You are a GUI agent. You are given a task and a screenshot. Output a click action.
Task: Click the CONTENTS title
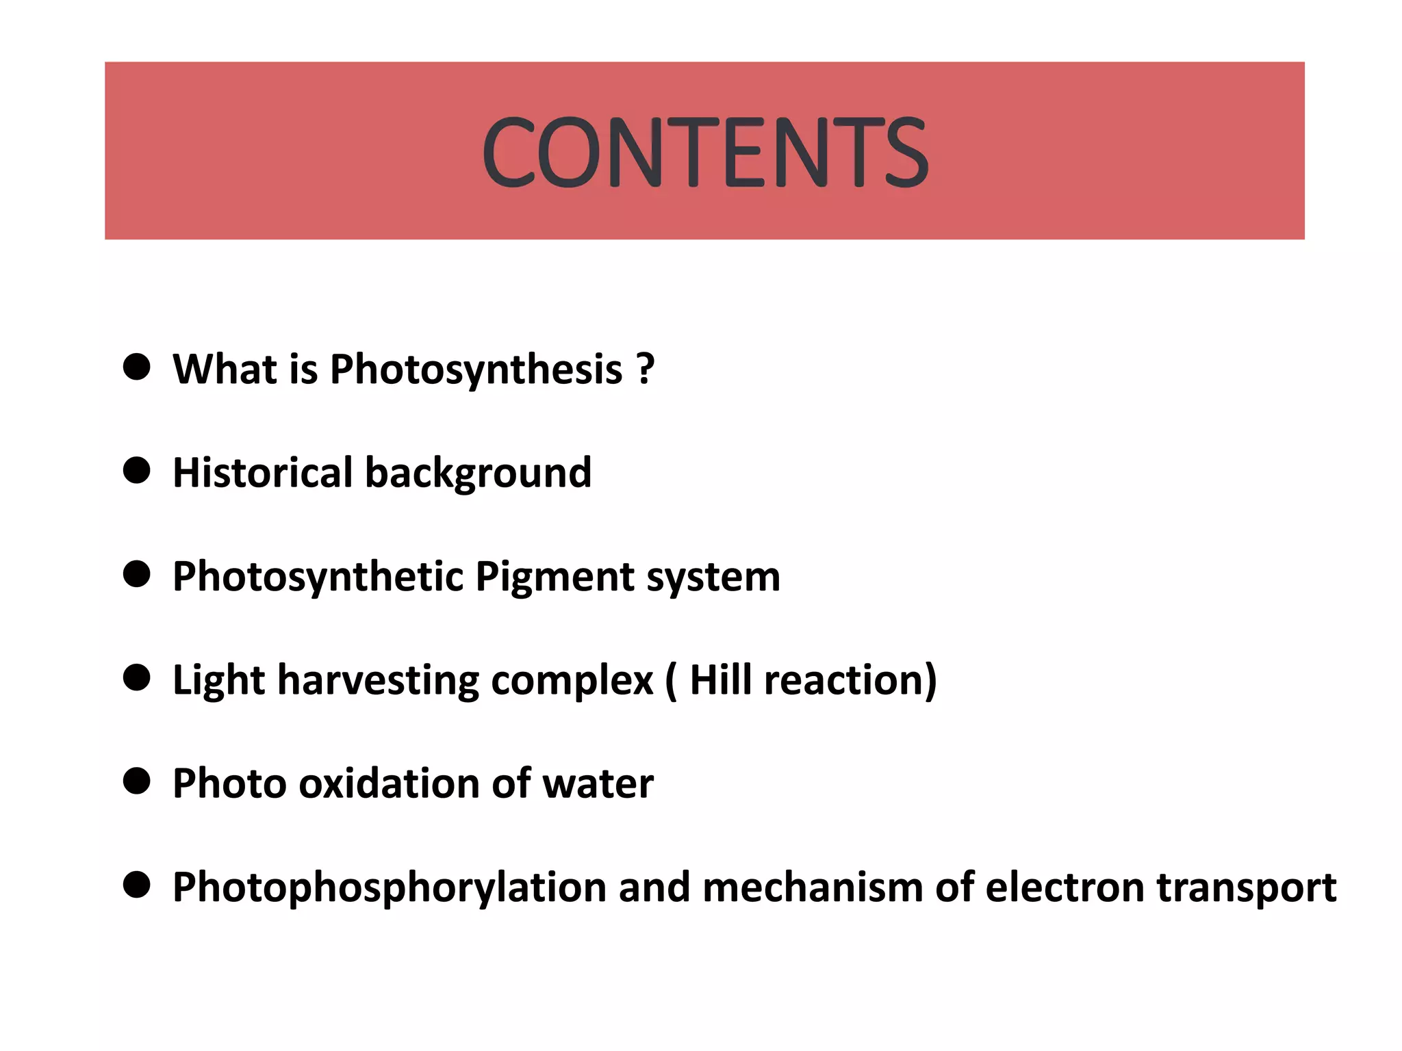pyautogui.click(x=705, y=151)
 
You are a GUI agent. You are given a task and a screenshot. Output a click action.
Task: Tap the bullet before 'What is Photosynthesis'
pyautogui.click(x=137, y=367)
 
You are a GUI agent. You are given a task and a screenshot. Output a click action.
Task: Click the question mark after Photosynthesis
pyautogui.click(x=645, y=369)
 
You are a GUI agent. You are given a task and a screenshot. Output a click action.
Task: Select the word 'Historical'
pyautogui.click(x=262, y=472)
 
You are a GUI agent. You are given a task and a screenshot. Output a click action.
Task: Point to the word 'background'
pyautogui.click(x=479, y=473)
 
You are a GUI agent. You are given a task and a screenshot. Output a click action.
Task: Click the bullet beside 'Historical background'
pyautogui.click(x=137, y=471)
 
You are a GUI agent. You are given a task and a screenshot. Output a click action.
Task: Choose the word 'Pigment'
pyautogui.click(x=555, y=578)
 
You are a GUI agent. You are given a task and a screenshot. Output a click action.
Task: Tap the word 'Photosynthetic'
pyautogui.click(x=318, y=577)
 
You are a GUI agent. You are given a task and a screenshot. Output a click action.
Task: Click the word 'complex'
pyautogui.click(x=572, y=682)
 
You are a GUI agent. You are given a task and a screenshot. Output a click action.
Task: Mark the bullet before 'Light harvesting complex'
pyautogui.click(x=137, y=678)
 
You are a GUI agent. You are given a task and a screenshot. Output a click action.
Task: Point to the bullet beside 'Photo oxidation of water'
pyautogui.click(x=137, y=781)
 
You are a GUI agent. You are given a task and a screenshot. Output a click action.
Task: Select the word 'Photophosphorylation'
pyautogui.click(x=390, y=888)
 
